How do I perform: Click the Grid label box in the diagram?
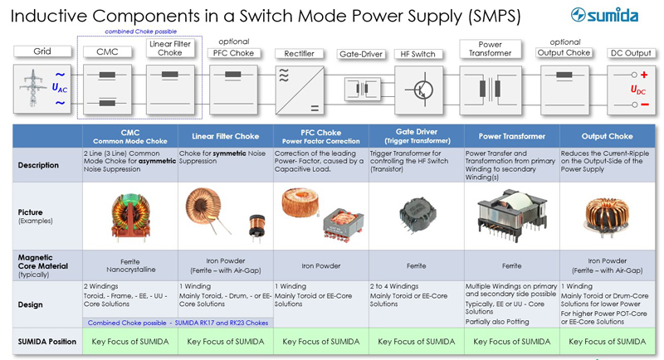(42, 51)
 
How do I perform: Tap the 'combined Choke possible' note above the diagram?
(134, 32)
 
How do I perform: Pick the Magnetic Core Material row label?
(41, 265)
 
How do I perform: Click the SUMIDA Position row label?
(41, 341)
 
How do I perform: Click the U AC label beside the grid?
(59, 86)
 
